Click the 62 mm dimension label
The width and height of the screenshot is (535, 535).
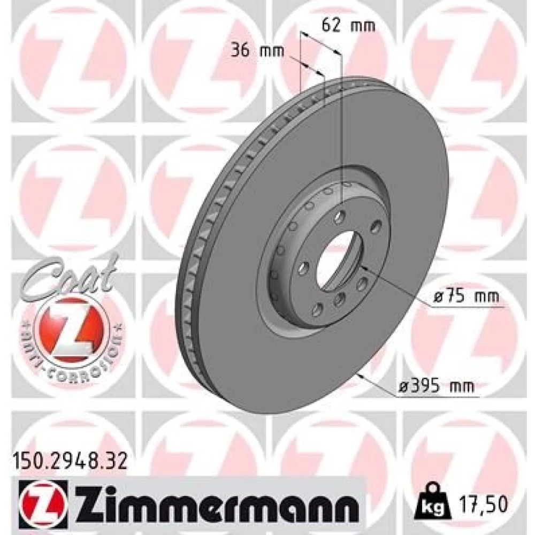(348, 26)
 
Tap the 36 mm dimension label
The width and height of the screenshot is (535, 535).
(258, 51)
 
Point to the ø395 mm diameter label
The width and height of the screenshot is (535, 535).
(437, 387)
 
